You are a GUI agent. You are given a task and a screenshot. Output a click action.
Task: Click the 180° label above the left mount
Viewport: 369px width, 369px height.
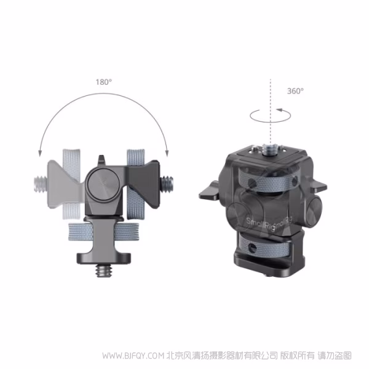pos(103,81)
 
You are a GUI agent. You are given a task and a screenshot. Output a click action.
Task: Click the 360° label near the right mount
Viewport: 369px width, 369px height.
pos(295,90)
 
